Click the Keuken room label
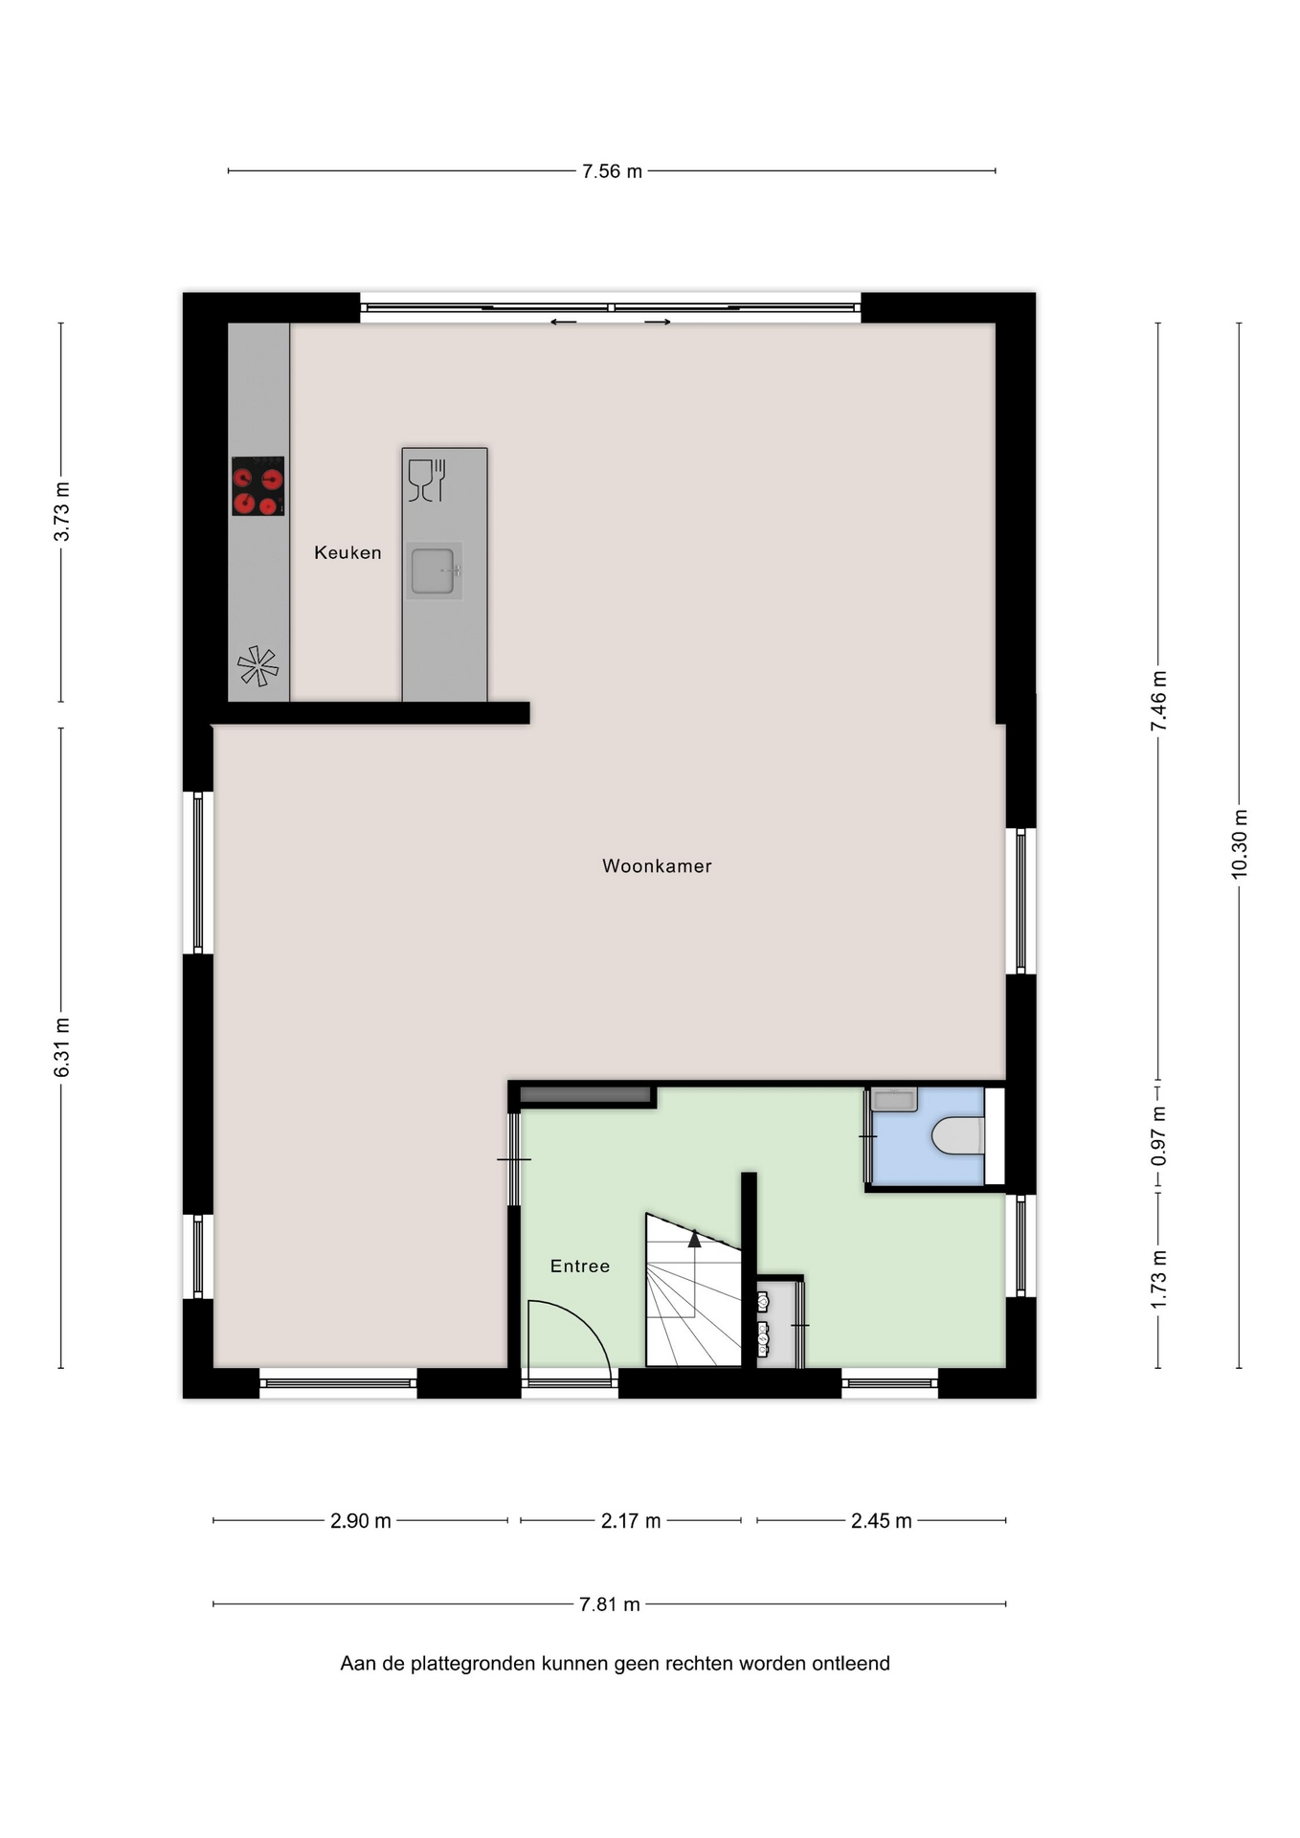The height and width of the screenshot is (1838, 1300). [x=347, y=552]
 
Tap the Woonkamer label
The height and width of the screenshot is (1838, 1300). [x=657, y=866]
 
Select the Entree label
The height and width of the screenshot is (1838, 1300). [x=580, y=1266]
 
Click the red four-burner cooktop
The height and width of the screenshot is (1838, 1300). [x=258, y=486]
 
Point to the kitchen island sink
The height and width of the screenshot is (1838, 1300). [x=434, y=572]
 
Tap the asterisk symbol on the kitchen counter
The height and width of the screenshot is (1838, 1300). [x=258, y=666]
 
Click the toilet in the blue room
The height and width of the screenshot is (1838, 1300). [x=958, y=1136]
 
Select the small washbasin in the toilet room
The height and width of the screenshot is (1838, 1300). [x=894, y=1099]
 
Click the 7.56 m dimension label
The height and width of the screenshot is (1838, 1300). [x=613, y=171]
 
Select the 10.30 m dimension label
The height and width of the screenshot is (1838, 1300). [x=1240, y=844]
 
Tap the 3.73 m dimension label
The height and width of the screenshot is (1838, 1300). [x=62, y=511]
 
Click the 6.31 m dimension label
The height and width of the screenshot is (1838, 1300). [x=62, y=1047]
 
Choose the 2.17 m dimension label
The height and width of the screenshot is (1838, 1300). [x=631, y=1521]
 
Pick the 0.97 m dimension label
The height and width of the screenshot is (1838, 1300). [x=1159, y=1136]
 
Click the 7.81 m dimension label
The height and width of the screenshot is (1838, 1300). [x=610, y=1604]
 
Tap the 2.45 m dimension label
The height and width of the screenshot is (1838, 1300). [x=882, y=1521]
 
